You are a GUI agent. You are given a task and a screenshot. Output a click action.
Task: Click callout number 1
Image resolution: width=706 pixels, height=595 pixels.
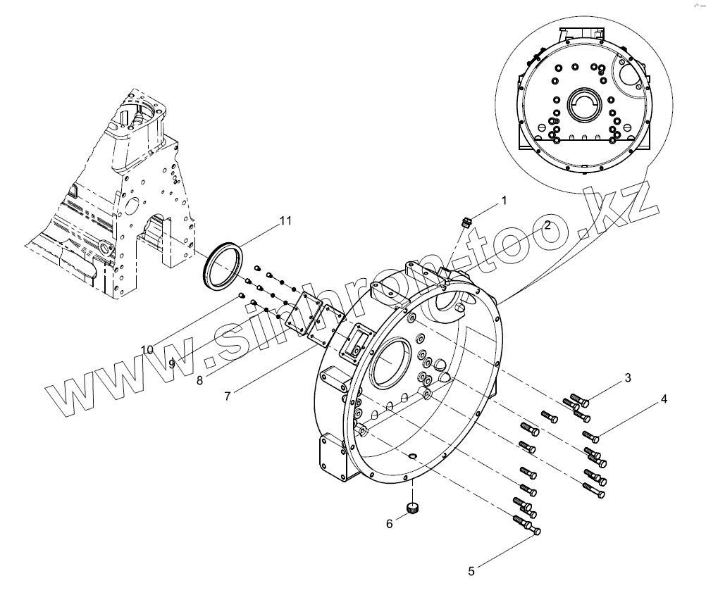point(504,201)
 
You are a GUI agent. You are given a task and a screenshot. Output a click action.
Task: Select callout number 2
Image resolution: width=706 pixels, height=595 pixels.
point(546,227)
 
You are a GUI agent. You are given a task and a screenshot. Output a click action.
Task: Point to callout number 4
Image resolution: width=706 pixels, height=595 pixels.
point(664,399)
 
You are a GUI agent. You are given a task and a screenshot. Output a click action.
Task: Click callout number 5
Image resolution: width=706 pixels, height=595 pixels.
point(471,571)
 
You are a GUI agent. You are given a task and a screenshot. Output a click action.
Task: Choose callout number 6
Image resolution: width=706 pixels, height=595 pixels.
point(389,523)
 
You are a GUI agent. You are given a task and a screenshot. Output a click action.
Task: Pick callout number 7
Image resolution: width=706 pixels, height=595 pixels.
point(228,396)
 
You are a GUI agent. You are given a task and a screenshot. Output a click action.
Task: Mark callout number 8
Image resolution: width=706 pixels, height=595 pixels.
point(199,380)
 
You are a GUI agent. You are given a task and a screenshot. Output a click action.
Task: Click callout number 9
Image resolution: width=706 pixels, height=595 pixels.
point(172,365)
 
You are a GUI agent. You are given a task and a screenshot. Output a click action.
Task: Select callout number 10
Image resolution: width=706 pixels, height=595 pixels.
point(147,349)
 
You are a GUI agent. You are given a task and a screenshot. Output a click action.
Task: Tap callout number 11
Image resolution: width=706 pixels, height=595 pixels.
point(285,220)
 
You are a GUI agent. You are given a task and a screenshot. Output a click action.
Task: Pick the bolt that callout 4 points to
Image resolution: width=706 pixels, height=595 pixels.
point(592,437)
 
